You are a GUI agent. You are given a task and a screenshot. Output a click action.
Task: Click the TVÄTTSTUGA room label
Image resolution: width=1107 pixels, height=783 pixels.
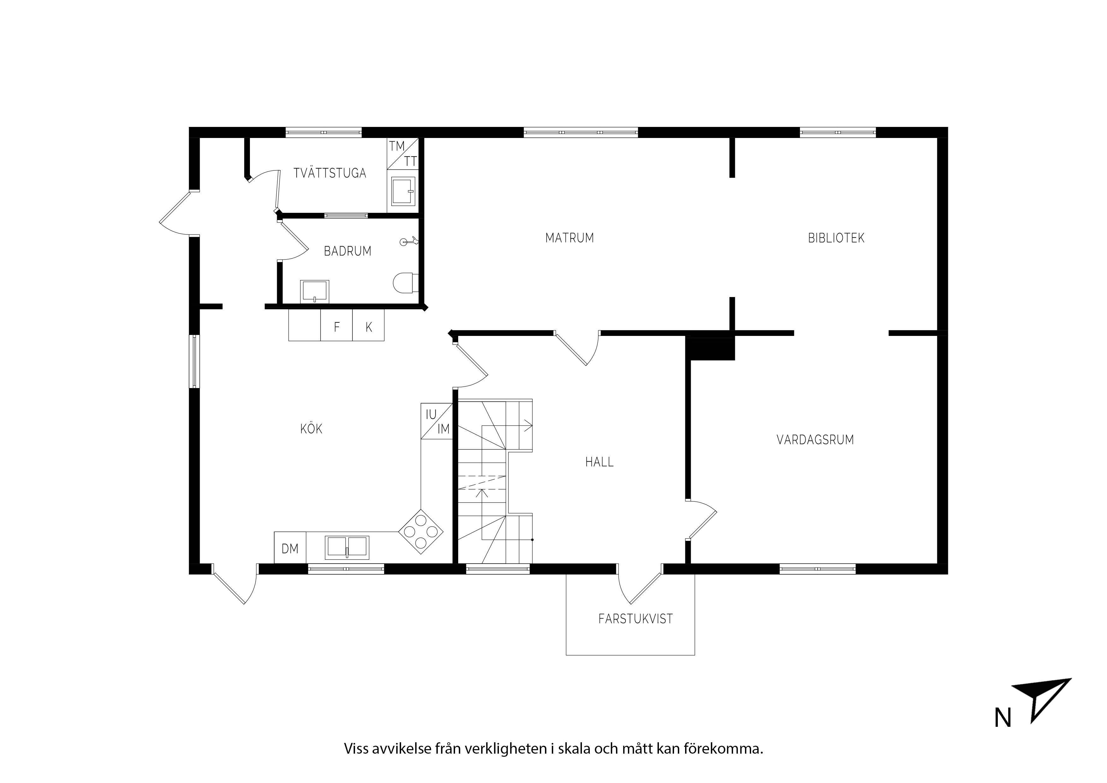click(x=330, y=172)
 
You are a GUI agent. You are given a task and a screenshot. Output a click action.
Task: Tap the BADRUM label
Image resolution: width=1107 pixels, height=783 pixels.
click(x=348, y=251)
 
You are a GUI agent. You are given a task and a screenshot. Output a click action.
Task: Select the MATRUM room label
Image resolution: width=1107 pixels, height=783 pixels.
click(x=569, y=238)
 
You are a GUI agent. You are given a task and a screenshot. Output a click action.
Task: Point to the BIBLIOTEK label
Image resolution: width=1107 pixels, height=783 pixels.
click(x=836, y=238)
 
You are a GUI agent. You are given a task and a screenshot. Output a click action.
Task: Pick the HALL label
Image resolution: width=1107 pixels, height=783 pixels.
click(x=599, y=462)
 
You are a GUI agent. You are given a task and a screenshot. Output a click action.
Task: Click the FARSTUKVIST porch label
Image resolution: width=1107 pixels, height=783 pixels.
click(x=636, y=619)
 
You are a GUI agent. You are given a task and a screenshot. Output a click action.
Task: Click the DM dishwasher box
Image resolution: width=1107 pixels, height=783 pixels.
click(x=290, y=547)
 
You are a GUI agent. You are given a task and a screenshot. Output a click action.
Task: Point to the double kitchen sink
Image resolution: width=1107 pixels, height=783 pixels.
click(x=347, y=547)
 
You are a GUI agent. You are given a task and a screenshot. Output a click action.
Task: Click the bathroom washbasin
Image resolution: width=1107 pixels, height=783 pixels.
click(x=314, y=291)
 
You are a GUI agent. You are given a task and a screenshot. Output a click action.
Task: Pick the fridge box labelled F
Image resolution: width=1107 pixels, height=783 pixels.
click(x=336, y=325)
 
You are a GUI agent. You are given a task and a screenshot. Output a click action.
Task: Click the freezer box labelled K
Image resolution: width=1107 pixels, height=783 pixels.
click(x=368, y=325)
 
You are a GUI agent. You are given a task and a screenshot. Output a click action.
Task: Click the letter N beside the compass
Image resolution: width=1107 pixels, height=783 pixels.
click(x=1003, y=732)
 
